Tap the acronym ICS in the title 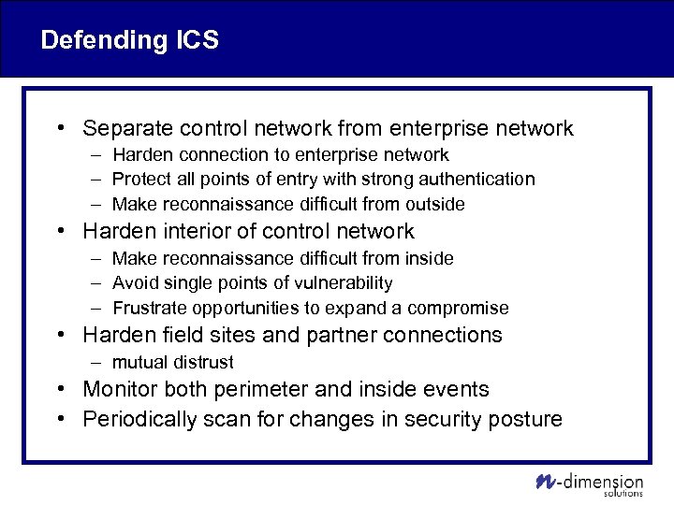coord(196,40)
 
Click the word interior coord(193,231)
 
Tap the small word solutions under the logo coord(623,494)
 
